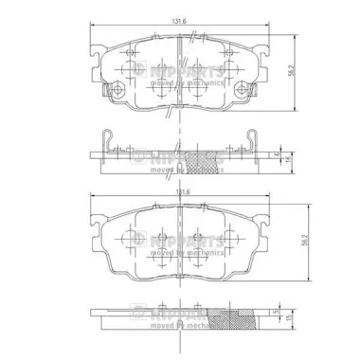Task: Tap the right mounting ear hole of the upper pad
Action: click(249, 92)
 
